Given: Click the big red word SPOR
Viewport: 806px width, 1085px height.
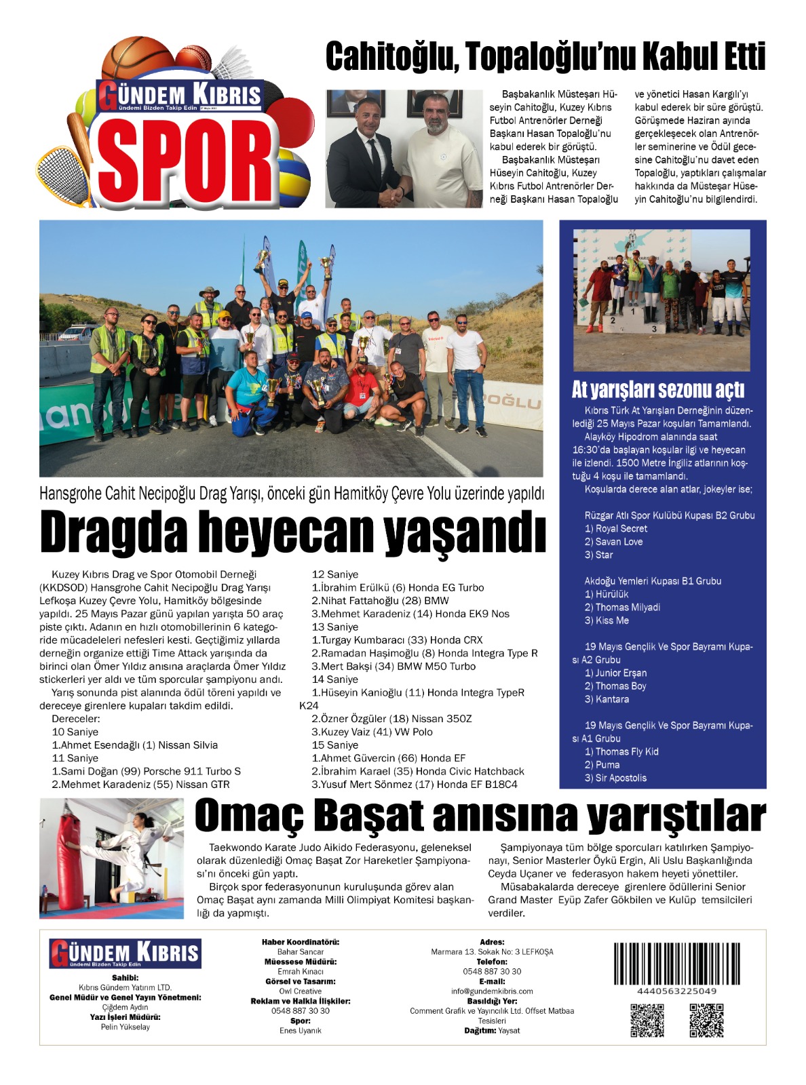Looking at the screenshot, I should click(187, 162).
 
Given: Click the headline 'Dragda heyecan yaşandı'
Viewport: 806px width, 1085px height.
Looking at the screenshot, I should click(292, 533).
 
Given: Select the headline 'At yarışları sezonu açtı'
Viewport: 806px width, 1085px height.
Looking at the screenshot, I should click(657, 390).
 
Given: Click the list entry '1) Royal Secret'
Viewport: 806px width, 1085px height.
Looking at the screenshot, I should click(615, 529).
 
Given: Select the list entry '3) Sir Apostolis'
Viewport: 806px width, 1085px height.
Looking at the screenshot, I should click(615, 778).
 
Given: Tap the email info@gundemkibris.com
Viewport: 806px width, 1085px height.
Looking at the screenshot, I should click(492, 991).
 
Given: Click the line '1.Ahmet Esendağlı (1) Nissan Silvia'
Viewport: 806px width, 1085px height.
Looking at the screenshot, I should click(135, 745).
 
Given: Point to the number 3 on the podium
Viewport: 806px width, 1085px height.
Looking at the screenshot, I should click(654, 329).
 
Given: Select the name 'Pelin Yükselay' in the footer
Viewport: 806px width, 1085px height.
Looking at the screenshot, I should click(126, 1027).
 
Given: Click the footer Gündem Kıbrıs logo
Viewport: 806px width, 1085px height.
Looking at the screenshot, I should click(126, 954).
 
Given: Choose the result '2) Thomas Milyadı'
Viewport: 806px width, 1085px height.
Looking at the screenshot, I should click(622, 608).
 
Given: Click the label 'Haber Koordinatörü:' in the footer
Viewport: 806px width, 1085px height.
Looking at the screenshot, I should click(301, 942).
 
